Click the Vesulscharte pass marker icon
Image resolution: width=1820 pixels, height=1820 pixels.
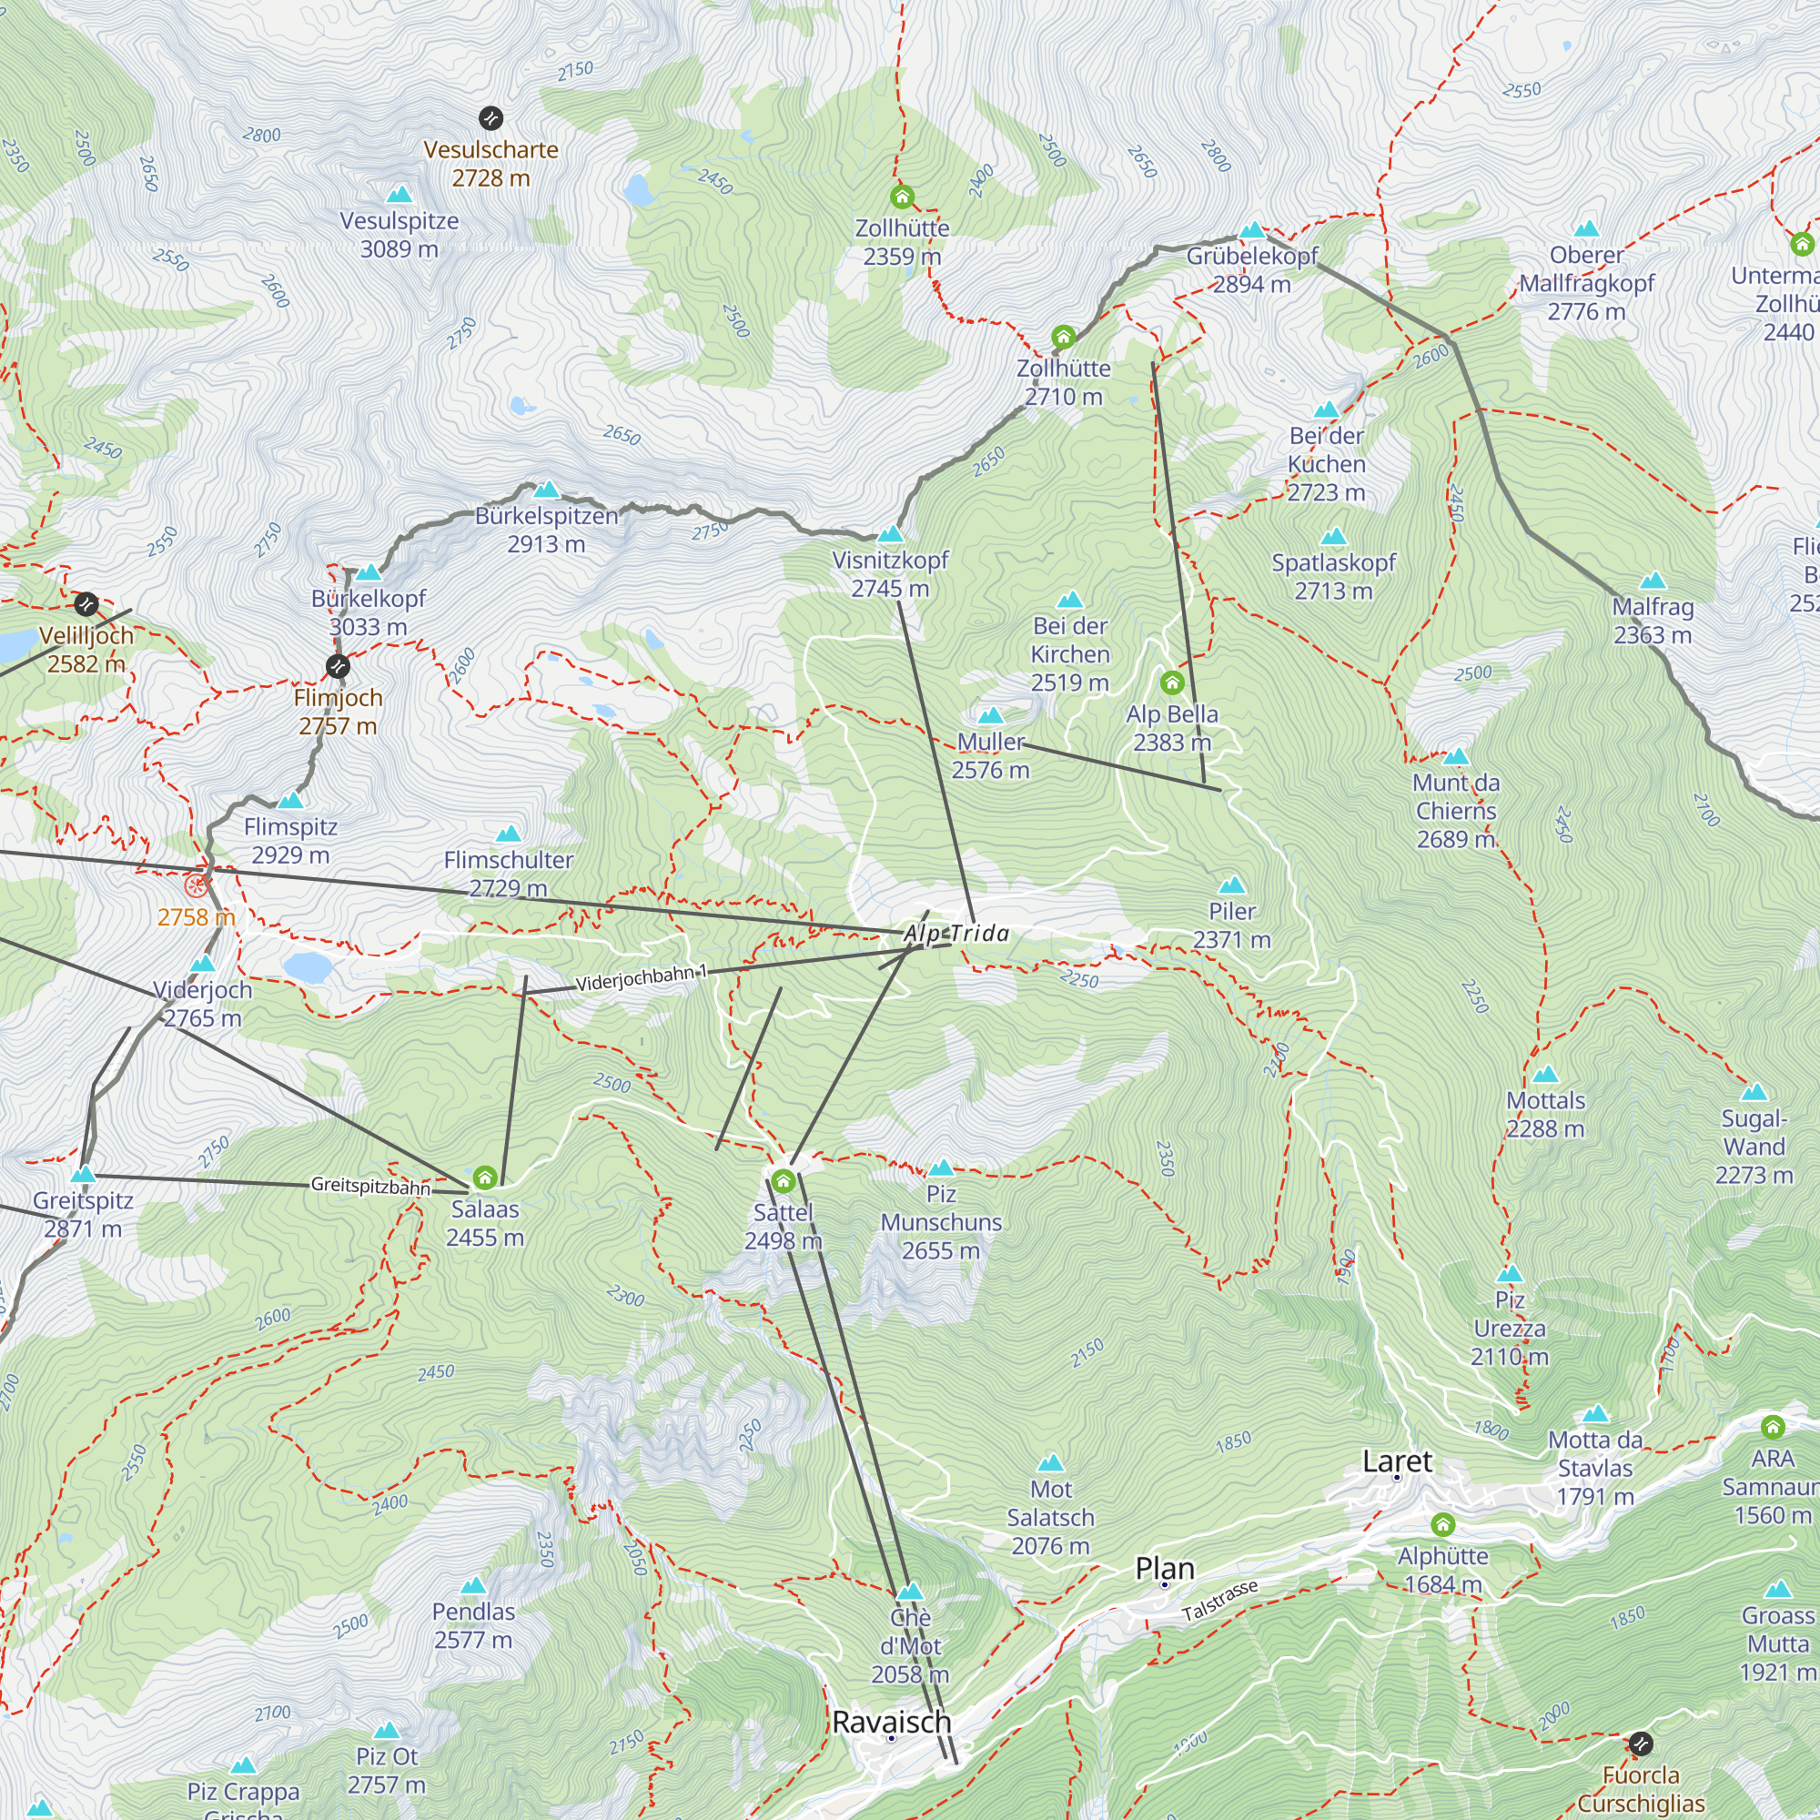(x=490, y=117)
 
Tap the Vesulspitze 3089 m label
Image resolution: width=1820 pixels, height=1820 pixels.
(x=399, y=234)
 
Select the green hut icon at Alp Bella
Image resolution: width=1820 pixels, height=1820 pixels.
(x=1172, y=682)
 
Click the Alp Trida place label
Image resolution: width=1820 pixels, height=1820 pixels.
(x=956, y=934)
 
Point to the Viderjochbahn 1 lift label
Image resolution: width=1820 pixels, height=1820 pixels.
(x=641, y=979)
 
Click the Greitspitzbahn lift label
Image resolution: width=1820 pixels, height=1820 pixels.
(x=370, y=1186)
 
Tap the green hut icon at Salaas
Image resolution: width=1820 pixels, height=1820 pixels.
(x=484, y=1178)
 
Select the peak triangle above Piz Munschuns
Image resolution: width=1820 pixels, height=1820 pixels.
(x=941, y=1168)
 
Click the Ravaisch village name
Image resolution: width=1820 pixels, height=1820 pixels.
(x=891, y=1722)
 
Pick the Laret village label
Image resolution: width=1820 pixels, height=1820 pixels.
(x=1397, y=1461)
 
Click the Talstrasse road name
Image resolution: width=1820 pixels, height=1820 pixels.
(x=1220, y=1601)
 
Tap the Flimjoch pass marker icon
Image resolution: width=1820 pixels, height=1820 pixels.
(x=338, y=667)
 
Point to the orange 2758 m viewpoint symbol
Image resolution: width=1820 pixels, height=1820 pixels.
(x=196, y=885)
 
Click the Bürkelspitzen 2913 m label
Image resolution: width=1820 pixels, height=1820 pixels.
(x=546, y=530)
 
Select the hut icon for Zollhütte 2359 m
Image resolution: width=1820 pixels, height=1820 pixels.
(x=903, y=197)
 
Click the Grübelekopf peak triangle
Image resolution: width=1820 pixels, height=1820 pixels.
(x=1252, y=230)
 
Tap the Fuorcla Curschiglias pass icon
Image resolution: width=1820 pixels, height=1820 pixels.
(x=1640, y=1744)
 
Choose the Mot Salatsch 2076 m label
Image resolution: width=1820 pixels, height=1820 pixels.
(x=1050, y=1517)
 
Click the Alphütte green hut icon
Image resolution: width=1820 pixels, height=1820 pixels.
(x=1442, y=1524)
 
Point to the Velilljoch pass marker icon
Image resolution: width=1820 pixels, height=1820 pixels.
(x=86, y=604)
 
